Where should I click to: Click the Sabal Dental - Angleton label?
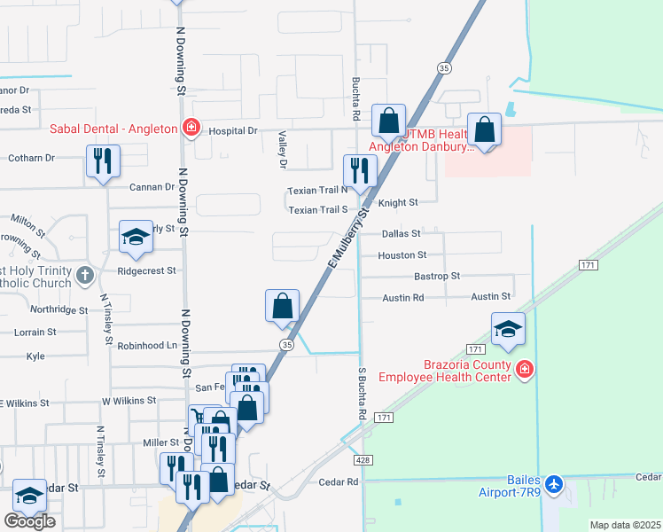pos(113,129)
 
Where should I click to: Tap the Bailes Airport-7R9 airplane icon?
pos(555,484)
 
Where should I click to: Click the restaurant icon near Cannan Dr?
pos(104,161)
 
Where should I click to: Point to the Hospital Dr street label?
pos(232,130)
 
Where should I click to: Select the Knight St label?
pos(398,203)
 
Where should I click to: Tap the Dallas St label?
pos(401,234)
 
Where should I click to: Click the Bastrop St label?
pos(437,276)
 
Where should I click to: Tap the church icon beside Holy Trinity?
pos(84,274)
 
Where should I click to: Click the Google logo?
pos(29,521)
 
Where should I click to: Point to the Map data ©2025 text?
pos(624,525)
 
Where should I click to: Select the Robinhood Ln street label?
pos(146,345)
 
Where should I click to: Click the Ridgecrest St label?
pos(146,270)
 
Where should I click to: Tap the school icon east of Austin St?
pos(509,328)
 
